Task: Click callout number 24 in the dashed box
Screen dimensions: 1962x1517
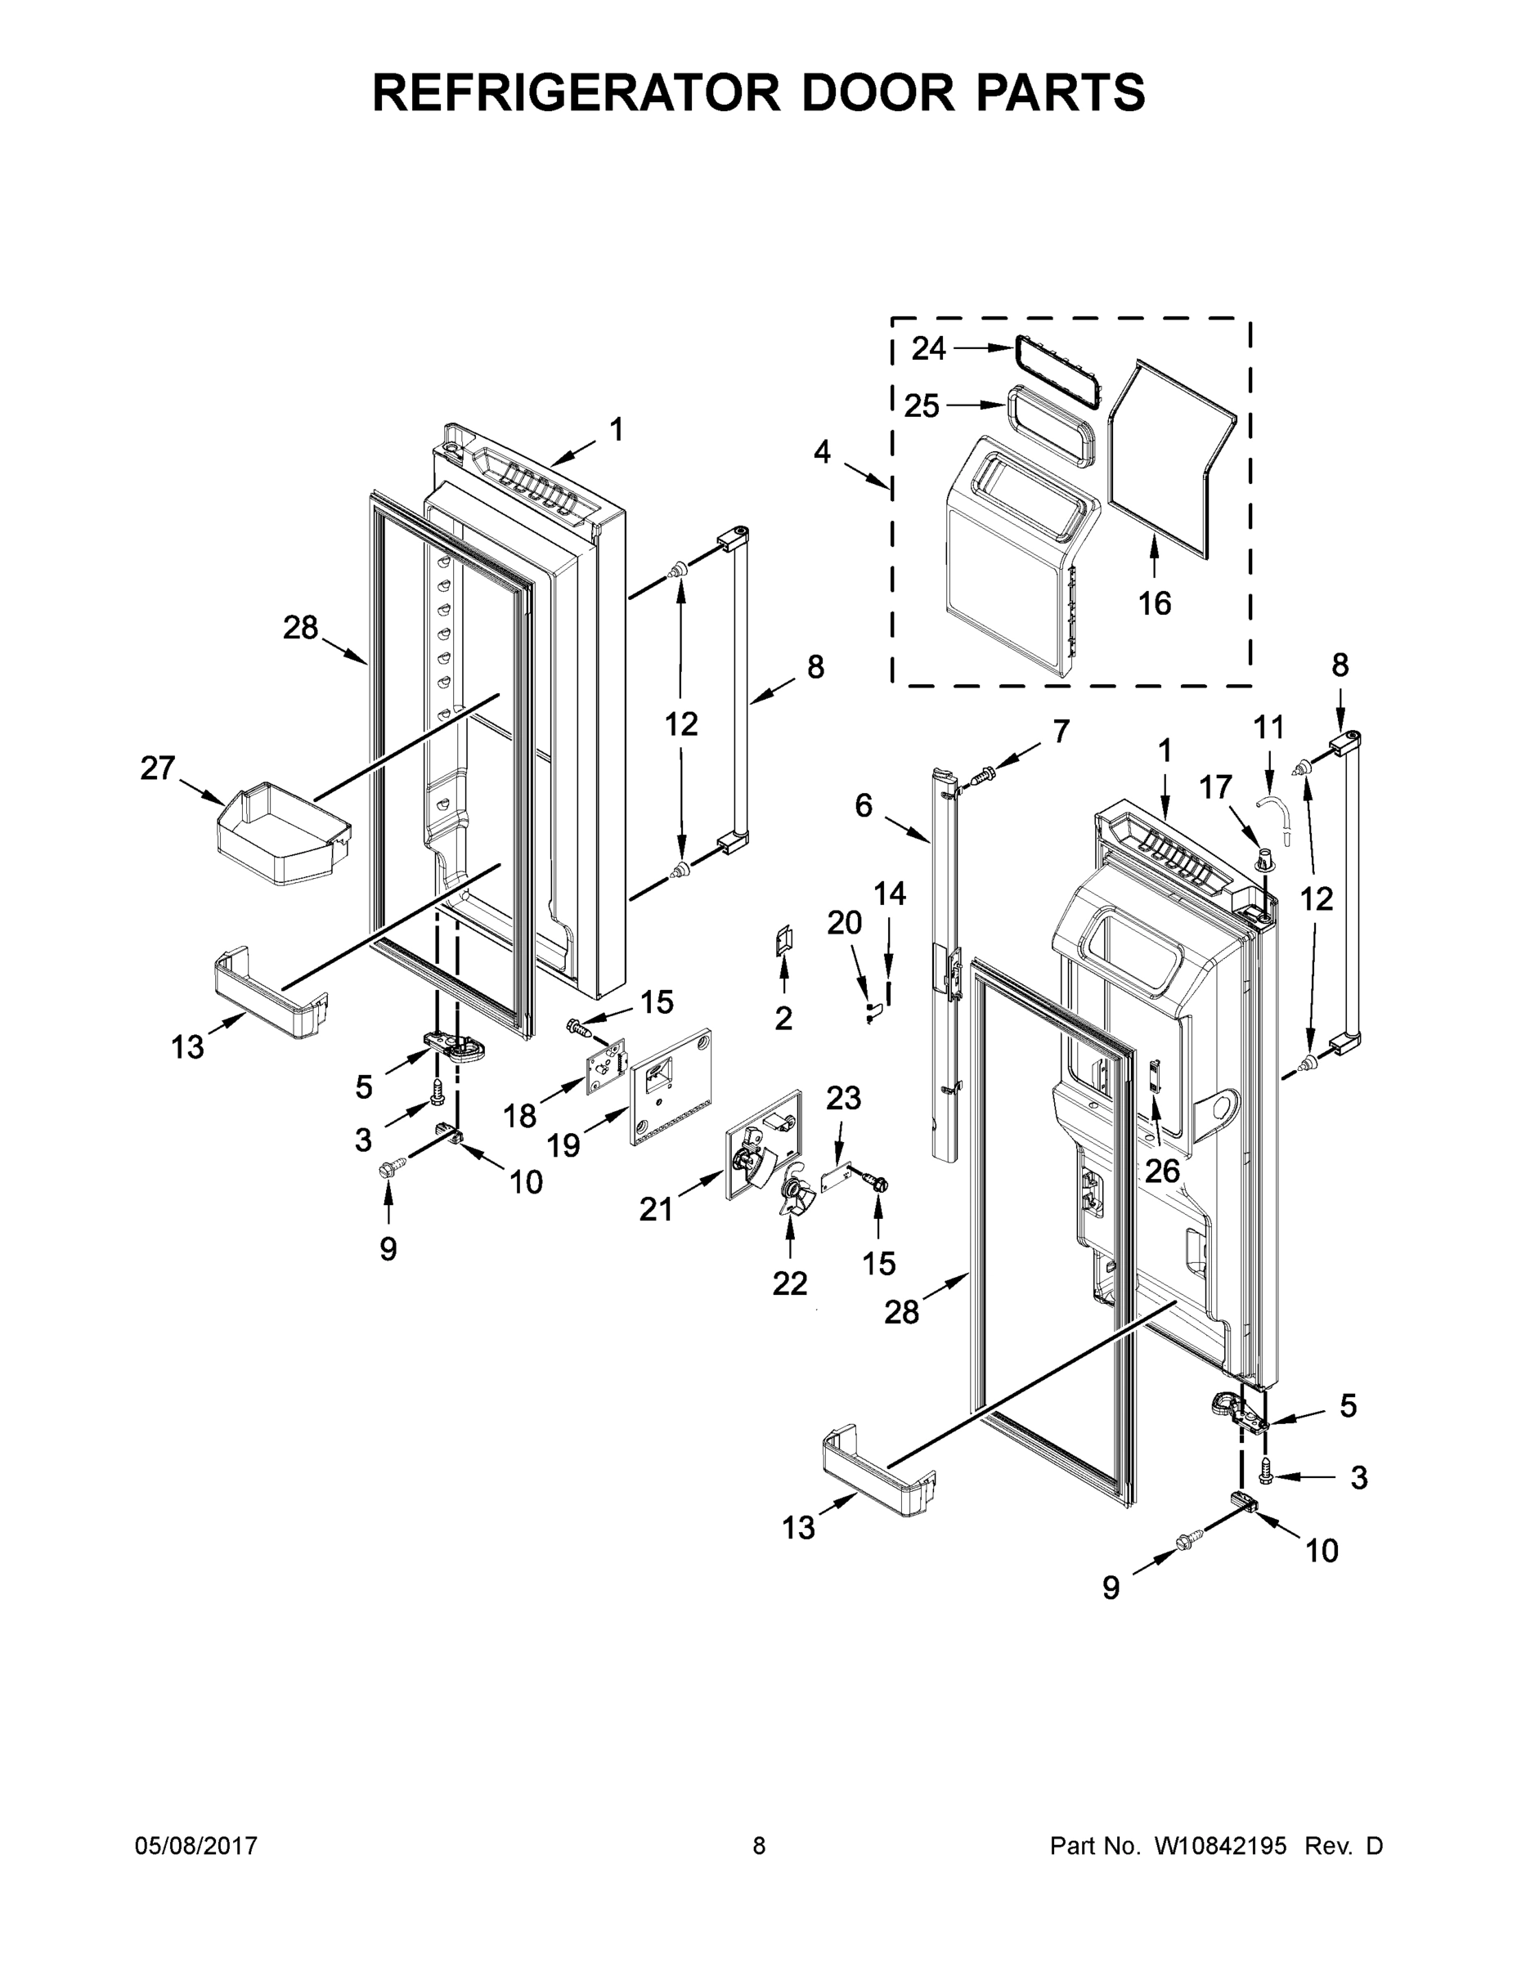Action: coord(928,348)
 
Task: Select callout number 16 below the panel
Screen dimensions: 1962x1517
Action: coord(1155,602)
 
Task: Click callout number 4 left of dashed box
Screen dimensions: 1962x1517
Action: coord(823,452)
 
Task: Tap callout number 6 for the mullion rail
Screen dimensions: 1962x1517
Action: coord(863,806)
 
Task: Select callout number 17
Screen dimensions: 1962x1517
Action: coord(1216,787)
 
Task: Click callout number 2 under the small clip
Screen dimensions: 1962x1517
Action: coord(783,1018)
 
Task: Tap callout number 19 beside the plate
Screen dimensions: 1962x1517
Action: coord(564,1145)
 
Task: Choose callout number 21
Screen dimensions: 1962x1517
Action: coord(656,1210)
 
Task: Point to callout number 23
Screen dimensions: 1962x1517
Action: coord(843,1098)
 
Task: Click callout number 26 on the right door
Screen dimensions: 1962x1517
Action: coord(1162,1171)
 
